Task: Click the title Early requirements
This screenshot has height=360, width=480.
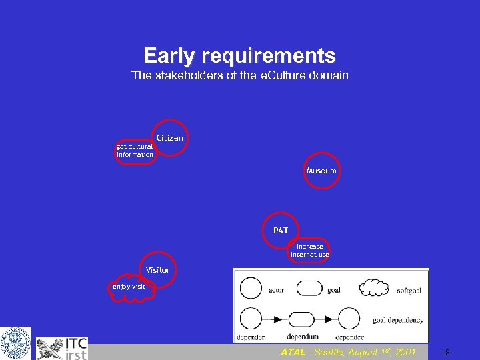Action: (x=239, y=55)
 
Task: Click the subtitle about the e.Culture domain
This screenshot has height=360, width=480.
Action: (x=239, y=75)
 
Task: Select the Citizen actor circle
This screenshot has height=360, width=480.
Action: (x=171, y=138)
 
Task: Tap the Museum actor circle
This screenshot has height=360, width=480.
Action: (x=321, y=171)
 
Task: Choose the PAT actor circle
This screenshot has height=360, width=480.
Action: (x=281, y=231)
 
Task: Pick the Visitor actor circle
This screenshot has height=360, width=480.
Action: (x=159, y=270)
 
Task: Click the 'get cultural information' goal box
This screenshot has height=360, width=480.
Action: (x=135, y=151)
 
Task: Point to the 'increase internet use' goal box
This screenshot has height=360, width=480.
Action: (x=309, y=250)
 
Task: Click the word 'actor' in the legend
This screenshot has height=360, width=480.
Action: (x=276, y=290)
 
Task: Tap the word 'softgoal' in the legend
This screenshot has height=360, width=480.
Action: (x=409, y=290)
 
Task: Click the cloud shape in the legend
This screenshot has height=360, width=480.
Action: (x=373, y=288)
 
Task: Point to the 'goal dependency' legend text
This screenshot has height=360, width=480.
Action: (x=397, y=320)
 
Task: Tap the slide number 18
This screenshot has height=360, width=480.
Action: (x=445, y=353)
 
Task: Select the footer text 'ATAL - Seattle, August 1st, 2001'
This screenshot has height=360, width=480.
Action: (x=348, y=352)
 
